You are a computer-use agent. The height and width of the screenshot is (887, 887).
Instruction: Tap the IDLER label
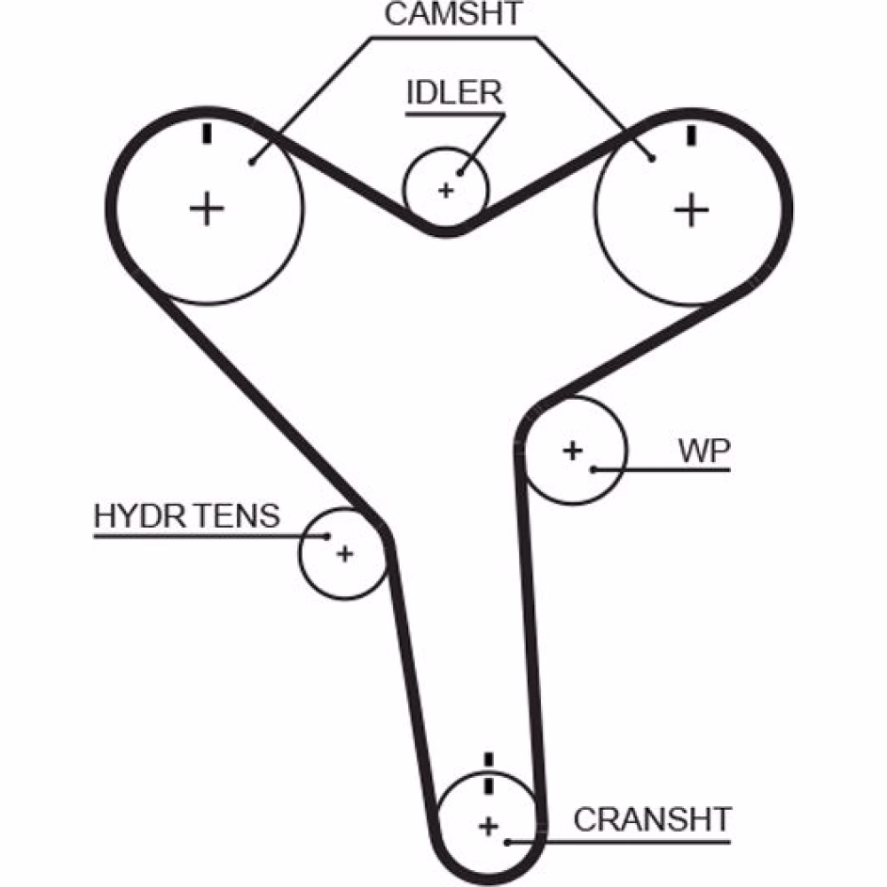454,93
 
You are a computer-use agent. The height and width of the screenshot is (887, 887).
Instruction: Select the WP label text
704,451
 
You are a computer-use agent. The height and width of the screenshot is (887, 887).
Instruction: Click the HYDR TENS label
186,517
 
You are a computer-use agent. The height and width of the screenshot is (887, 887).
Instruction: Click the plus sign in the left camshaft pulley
207,209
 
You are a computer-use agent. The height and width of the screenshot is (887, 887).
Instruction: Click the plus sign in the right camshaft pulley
691,210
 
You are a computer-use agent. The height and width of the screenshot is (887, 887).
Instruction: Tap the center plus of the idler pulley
446,189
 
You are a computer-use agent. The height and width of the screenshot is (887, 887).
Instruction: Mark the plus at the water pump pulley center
573,450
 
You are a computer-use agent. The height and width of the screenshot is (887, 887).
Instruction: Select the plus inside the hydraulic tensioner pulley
344,554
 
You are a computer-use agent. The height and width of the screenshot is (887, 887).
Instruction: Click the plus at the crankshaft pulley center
488,827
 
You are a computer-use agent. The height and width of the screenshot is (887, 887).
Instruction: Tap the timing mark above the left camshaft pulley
208,134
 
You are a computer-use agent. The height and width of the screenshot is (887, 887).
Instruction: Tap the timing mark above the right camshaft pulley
691,134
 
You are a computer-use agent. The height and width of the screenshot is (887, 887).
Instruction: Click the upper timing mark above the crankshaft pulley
488,759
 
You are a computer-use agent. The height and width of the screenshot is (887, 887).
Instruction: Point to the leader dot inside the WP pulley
594,467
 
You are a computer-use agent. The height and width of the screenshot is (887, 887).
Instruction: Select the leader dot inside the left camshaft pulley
253,161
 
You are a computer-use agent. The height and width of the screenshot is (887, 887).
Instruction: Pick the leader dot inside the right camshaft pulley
653,159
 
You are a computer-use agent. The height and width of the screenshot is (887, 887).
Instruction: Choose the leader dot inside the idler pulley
459,172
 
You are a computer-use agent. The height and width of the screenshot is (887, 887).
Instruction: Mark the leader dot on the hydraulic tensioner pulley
327,536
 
